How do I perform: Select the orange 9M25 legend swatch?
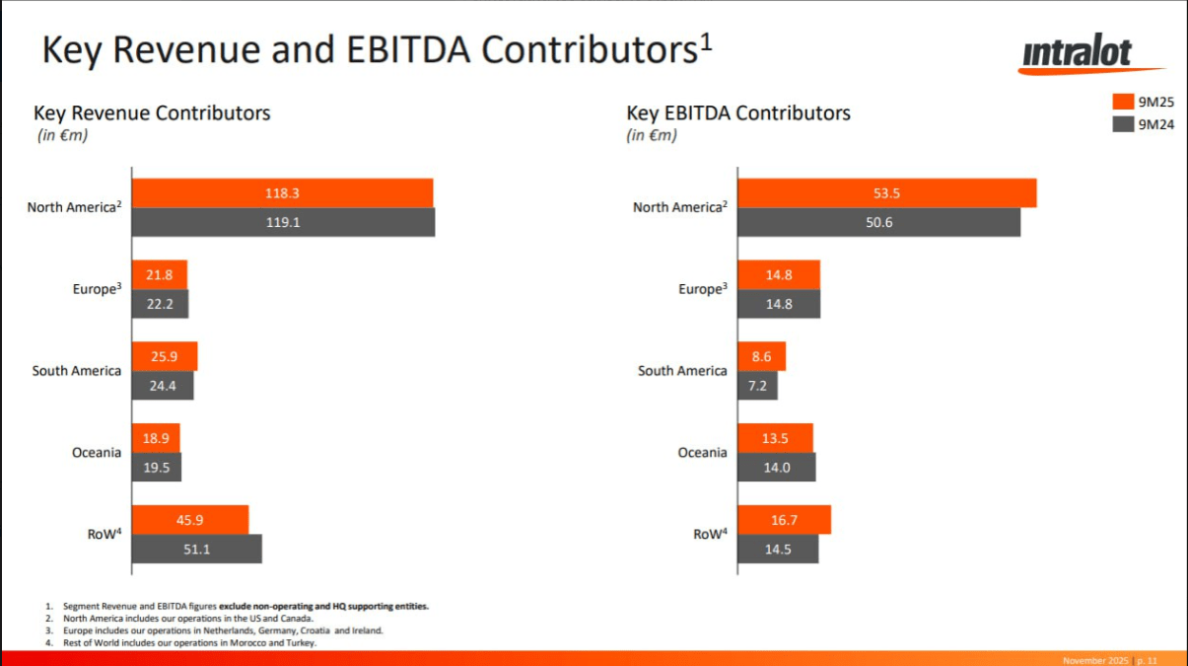click(x=1122, y=102)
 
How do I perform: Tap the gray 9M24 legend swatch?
click(x=1122, y=124)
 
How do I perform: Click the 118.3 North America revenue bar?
click(x=282, y=193)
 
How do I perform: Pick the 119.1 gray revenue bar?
click(x=283, y=223)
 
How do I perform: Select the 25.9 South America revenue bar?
click(x=165, y=356)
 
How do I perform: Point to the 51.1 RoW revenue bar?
click(x=196, y=549)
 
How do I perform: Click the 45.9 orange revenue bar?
click(x=190, y=520)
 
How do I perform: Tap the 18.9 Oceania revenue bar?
click(x=156, y=438)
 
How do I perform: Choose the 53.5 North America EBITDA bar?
click(x=886, y=193)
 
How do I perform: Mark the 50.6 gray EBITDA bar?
click(x=878, y=223)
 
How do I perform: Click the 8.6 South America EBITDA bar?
click(x=761, y=356)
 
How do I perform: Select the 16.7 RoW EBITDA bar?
click(x=784, y=520)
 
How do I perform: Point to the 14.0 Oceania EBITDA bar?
click(x=776, y=468)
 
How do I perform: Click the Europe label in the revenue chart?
click(x=97, y=289)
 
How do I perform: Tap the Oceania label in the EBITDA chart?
click(x=703, y=453)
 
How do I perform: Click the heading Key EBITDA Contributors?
click(x=738, y=113)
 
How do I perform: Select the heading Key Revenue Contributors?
click(x=152, y=113)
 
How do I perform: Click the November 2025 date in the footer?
click(x=1094, y=660)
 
